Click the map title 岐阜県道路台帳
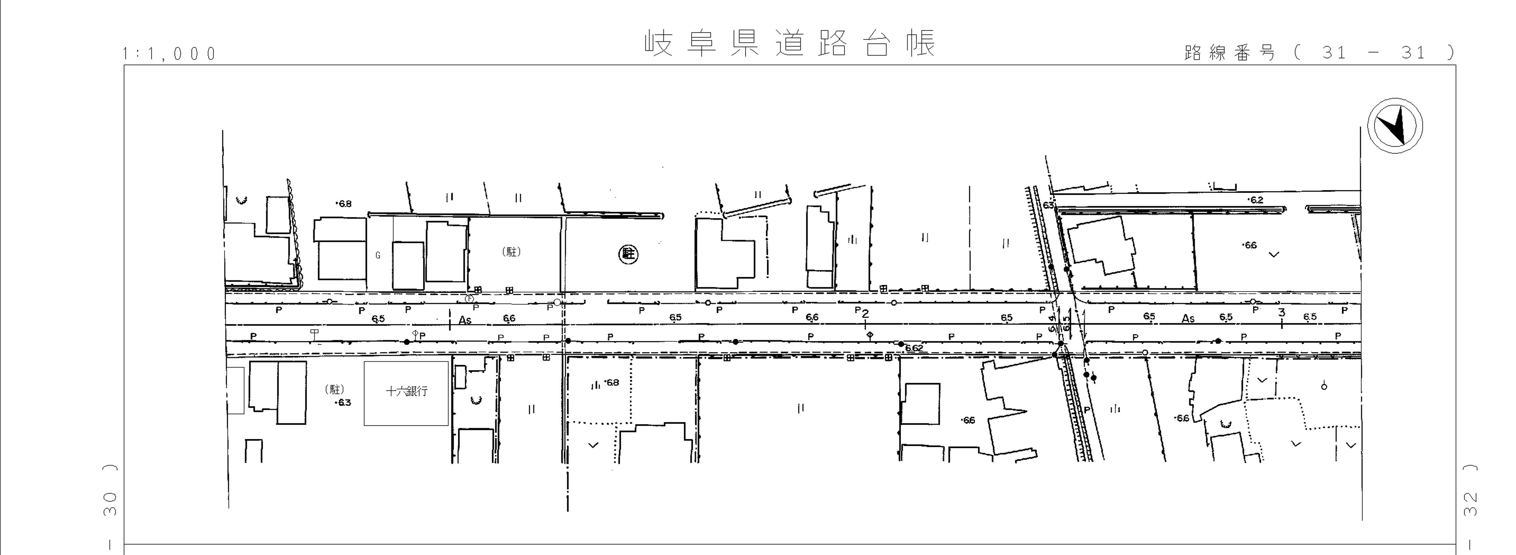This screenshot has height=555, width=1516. [790, 43]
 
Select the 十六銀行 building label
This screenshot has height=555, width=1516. [406, 391]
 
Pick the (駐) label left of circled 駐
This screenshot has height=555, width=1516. [511, 252]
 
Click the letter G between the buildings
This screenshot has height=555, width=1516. [378, 255]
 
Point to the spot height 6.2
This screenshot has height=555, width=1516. [1256, 200]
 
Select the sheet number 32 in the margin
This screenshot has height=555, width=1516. [1469, 504]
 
